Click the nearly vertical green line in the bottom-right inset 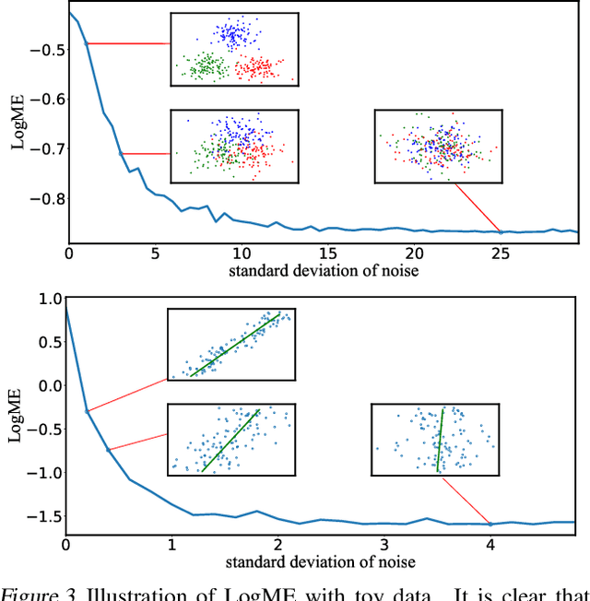(439, 440)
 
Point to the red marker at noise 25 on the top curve (501, 231)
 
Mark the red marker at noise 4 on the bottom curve (490, 524)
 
